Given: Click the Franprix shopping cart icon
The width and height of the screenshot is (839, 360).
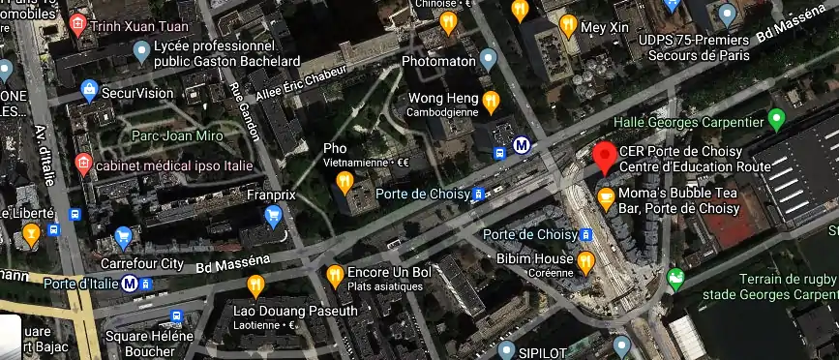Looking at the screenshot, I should [x=273, y=215].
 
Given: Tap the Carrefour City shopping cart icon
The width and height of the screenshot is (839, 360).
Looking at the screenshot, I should [x=123, y=235].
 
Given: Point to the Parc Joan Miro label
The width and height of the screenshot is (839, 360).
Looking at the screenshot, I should [x=177, y=135].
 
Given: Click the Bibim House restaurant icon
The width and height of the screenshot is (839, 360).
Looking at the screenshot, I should [x=585, y=260].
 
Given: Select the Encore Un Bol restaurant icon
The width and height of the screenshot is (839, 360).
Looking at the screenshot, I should [x=335, y=274].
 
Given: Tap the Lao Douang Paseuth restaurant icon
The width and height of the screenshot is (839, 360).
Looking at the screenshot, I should [x=255, y=285].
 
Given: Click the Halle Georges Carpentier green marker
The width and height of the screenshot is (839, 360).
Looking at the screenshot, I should [x=775, y=120].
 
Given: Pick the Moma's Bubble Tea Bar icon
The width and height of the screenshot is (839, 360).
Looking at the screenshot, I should [x=606, y=199].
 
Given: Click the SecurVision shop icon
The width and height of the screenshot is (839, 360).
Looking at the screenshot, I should [x=90, y=91].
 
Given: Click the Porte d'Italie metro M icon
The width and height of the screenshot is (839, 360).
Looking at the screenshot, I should [x=129, y=284].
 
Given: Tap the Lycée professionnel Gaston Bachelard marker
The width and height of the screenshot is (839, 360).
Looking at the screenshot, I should [x=143, y=50].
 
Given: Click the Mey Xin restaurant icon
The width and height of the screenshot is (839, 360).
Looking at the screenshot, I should [x=568, y=25].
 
